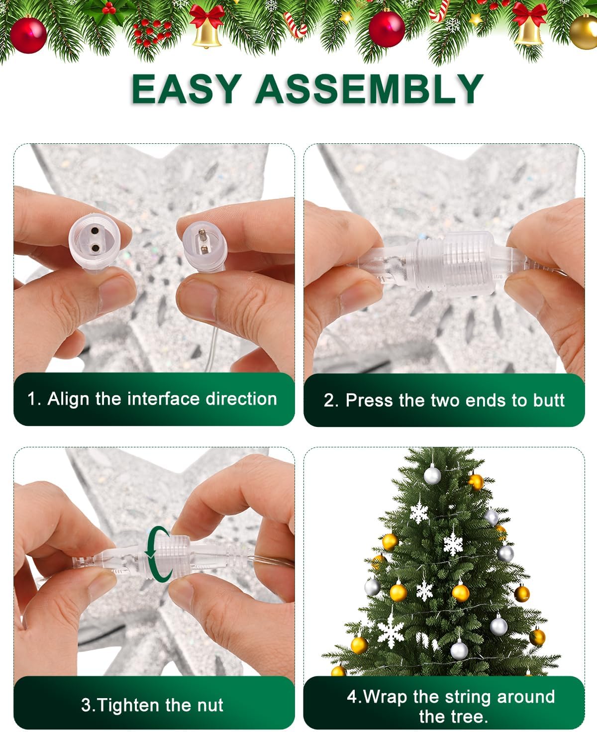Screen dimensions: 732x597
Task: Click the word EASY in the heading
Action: coord(187,89)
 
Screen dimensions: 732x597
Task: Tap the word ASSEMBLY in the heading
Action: coord(369,89)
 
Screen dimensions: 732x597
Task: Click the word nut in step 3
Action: coord(209,705)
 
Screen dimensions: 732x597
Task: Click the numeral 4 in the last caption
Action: coord(352,697)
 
